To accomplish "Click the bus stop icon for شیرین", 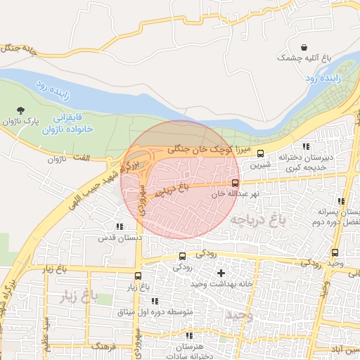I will (x=260, y=153).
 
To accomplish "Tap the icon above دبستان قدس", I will (x=119, y=226).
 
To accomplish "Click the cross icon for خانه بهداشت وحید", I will (x=221, y=272).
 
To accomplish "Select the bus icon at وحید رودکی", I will (x=334, y=252).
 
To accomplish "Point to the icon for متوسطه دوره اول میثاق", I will (x=155, y=301).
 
